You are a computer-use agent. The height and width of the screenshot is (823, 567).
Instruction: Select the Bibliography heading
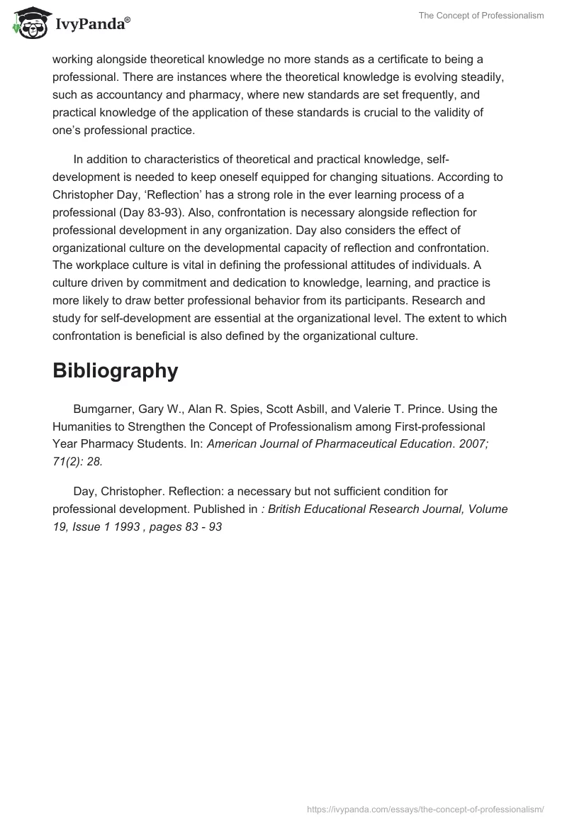[x=115, y=370]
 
